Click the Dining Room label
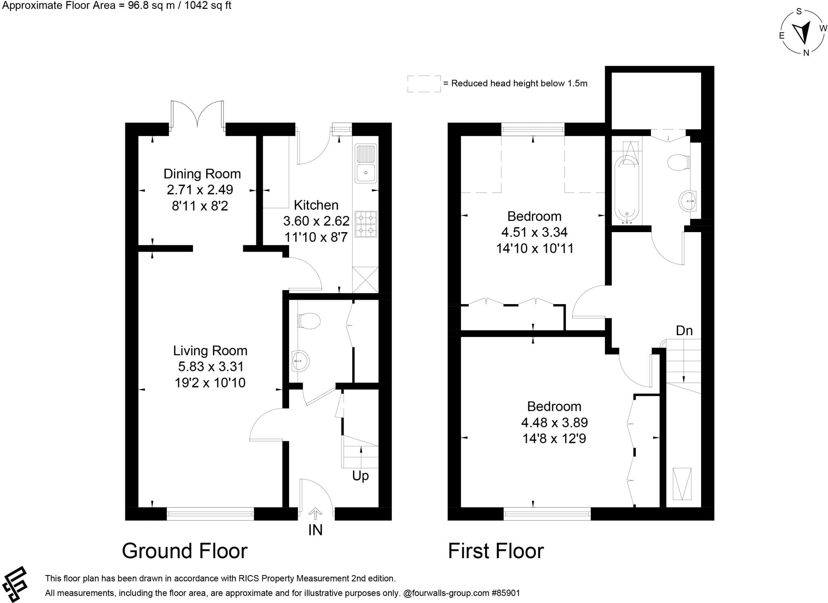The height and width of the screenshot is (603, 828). click(x=202, y=174)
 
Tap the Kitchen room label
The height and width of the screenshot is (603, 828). click(x=316, y=205)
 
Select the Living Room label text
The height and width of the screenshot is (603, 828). click(x=210, y=351)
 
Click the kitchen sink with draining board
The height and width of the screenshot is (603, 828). click(x=366, y=164)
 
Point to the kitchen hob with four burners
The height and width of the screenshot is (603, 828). click(x=366, y=224)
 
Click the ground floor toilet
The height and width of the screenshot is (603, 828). click(x=309, y=321)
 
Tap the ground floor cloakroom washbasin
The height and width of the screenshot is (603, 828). click(x=300, y=360)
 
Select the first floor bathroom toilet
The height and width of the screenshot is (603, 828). click(x=679, y=163)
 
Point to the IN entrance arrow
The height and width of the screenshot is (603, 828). click(x=315, y=514)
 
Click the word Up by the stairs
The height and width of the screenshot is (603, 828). click(x=360, y=476)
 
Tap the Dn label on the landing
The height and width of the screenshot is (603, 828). click(x=684, y=331)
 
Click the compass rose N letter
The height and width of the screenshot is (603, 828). click(x=806, y=53)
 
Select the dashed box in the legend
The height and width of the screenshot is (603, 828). click(x=424, y=84)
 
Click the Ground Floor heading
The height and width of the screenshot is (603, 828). click(x=185, y=551)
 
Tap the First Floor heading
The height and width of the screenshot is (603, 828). click(x=496, y=551)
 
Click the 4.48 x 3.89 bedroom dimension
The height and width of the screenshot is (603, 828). click(x=554, y=423)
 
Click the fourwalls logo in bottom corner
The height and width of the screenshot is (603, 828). click(x=15, y=584)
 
